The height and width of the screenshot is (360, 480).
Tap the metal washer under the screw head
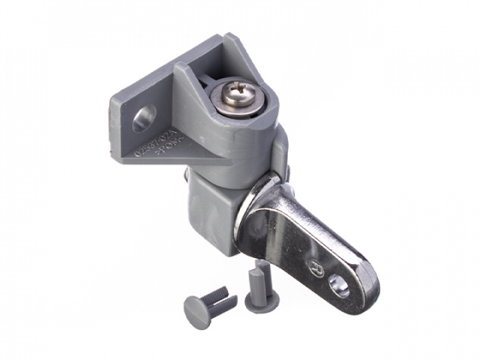coord(238,109)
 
